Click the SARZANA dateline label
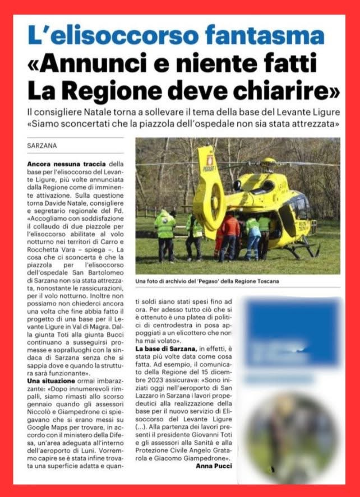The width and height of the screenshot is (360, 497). coord(41,146)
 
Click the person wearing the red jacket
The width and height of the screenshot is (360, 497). coord(229,235)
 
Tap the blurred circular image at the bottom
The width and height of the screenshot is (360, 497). coord(292,431)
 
